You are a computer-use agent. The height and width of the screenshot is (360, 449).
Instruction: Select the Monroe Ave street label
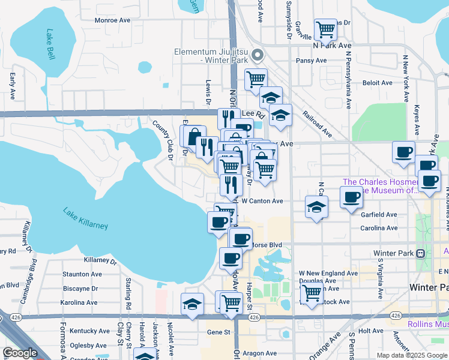point(112,20)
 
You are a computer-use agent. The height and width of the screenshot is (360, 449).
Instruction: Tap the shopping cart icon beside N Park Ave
point(325,28)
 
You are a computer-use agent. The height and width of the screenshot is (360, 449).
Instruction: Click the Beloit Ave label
point(377,83)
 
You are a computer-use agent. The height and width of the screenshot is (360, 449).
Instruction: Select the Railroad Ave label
point(317,124)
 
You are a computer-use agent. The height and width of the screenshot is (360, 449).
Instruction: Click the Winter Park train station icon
point(421,253)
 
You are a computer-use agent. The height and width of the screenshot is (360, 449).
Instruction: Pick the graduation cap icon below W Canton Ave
point(316,206)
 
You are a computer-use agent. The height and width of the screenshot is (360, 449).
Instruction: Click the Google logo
point(20,353)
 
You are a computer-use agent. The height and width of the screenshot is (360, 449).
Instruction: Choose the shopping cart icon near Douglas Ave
point(311,293)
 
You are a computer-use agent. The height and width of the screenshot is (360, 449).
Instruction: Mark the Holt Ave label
point(370,331)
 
